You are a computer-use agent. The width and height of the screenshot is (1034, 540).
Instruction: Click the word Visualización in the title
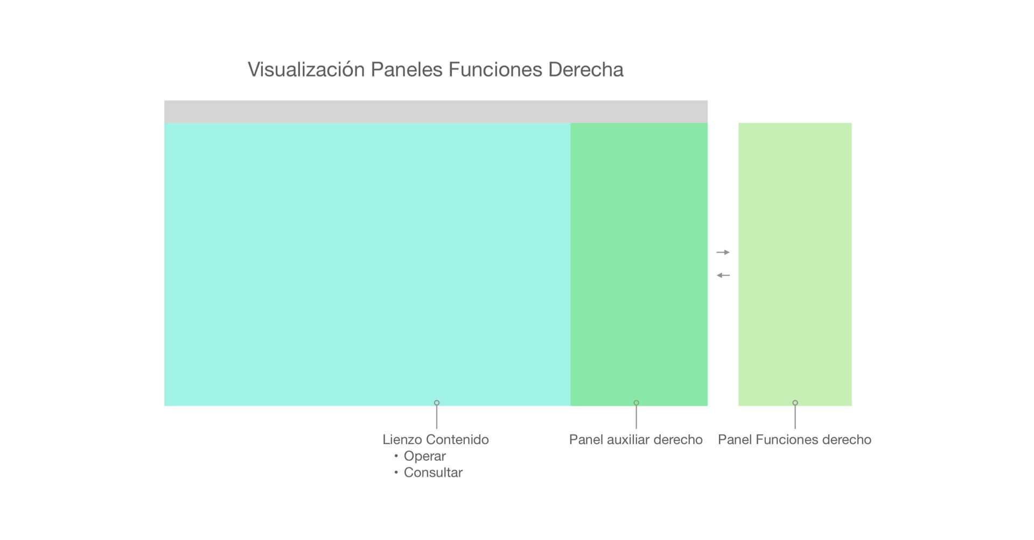[306, 70]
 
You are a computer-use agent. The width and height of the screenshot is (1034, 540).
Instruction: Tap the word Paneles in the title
[407, 70]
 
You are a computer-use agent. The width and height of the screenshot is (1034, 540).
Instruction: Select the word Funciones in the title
[495, 70]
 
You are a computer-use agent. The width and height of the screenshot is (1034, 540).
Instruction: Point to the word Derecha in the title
[585, 70]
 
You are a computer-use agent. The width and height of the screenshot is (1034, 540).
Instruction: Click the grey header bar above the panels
[435, 111]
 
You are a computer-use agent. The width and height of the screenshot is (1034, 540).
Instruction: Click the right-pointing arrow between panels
[723, 253]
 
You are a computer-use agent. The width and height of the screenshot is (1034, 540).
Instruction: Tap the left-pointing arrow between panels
[723, 276]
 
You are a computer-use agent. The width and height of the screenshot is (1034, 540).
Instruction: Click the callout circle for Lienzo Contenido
[437, 403]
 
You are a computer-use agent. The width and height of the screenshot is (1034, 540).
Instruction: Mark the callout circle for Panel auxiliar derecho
[636, 403]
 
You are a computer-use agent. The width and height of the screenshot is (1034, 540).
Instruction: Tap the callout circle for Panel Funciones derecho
[795, 403]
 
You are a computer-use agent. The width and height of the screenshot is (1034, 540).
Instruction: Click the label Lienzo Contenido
[435, 440]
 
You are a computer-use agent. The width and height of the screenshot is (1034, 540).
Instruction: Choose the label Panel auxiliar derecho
[635, 440]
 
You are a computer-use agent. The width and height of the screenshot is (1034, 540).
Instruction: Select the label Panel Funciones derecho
[794, 440]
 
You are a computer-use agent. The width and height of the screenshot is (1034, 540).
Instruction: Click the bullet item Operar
[424, 457]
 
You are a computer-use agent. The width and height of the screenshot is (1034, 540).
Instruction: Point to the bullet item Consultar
[433, 473]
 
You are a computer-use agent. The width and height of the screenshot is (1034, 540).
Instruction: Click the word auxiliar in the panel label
[628, 440]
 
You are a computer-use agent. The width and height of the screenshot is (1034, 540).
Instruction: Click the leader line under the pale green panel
[795, 418]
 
